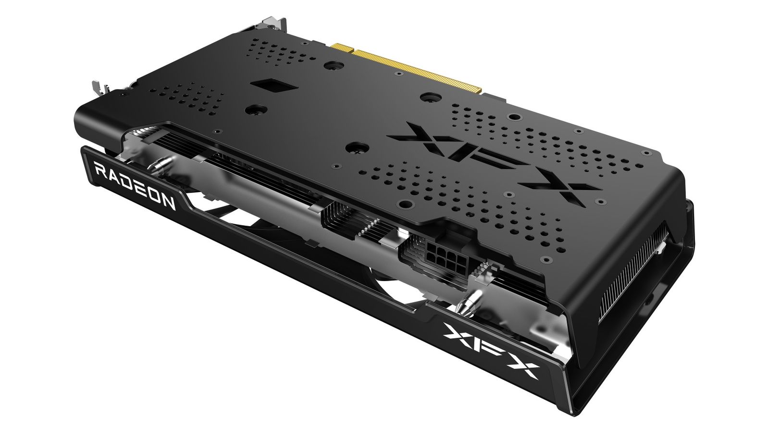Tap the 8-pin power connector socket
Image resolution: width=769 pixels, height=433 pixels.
[445, 253]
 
